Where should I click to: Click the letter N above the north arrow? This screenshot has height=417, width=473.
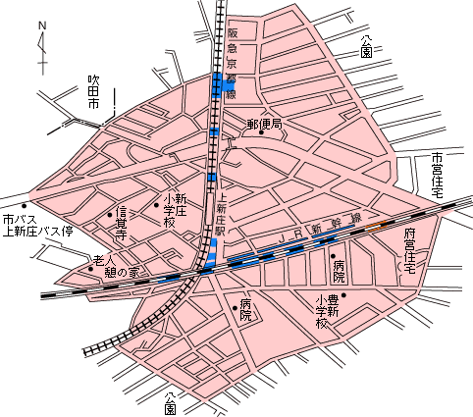click(41, 26)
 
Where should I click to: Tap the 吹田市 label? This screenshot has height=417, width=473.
click(94, 88)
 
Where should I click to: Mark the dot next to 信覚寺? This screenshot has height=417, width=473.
click(109, 213)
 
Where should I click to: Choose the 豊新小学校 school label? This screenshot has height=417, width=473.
click(327, 311)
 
